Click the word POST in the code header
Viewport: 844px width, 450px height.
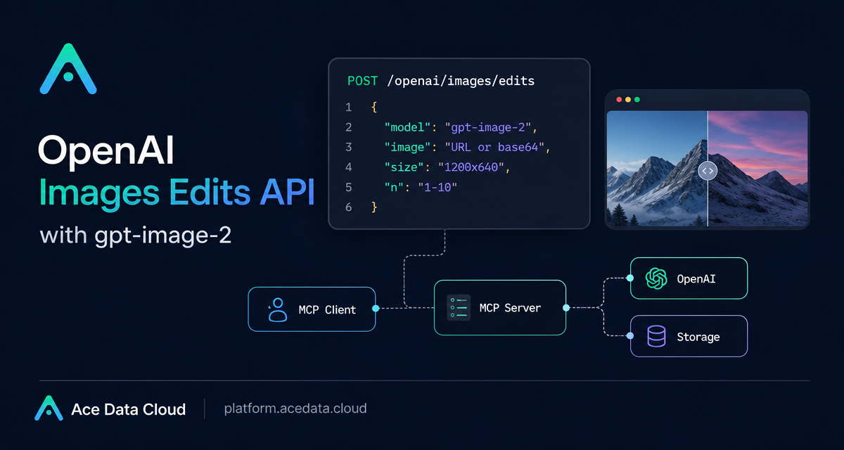362,81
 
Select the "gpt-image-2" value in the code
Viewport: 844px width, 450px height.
488,127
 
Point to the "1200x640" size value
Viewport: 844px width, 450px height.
471,167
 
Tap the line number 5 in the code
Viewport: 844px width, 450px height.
349,187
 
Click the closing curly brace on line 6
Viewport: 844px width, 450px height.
373,207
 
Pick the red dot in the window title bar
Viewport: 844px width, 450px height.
619,99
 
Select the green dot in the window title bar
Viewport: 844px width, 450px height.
637,99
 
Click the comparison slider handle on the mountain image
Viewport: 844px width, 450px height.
708,171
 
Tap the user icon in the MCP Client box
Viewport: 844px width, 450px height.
277,309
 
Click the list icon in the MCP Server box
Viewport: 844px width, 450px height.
459,308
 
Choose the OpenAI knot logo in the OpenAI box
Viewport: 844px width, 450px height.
656,278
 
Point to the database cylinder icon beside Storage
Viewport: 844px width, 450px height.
656,336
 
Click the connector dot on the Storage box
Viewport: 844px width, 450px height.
630,335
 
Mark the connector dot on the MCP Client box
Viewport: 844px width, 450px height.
376,309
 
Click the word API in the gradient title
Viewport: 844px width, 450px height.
287,192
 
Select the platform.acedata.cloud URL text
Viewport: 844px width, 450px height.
295,409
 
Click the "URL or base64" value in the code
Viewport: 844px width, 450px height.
494,147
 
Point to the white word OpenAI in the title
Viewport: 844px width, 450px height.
106,150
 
